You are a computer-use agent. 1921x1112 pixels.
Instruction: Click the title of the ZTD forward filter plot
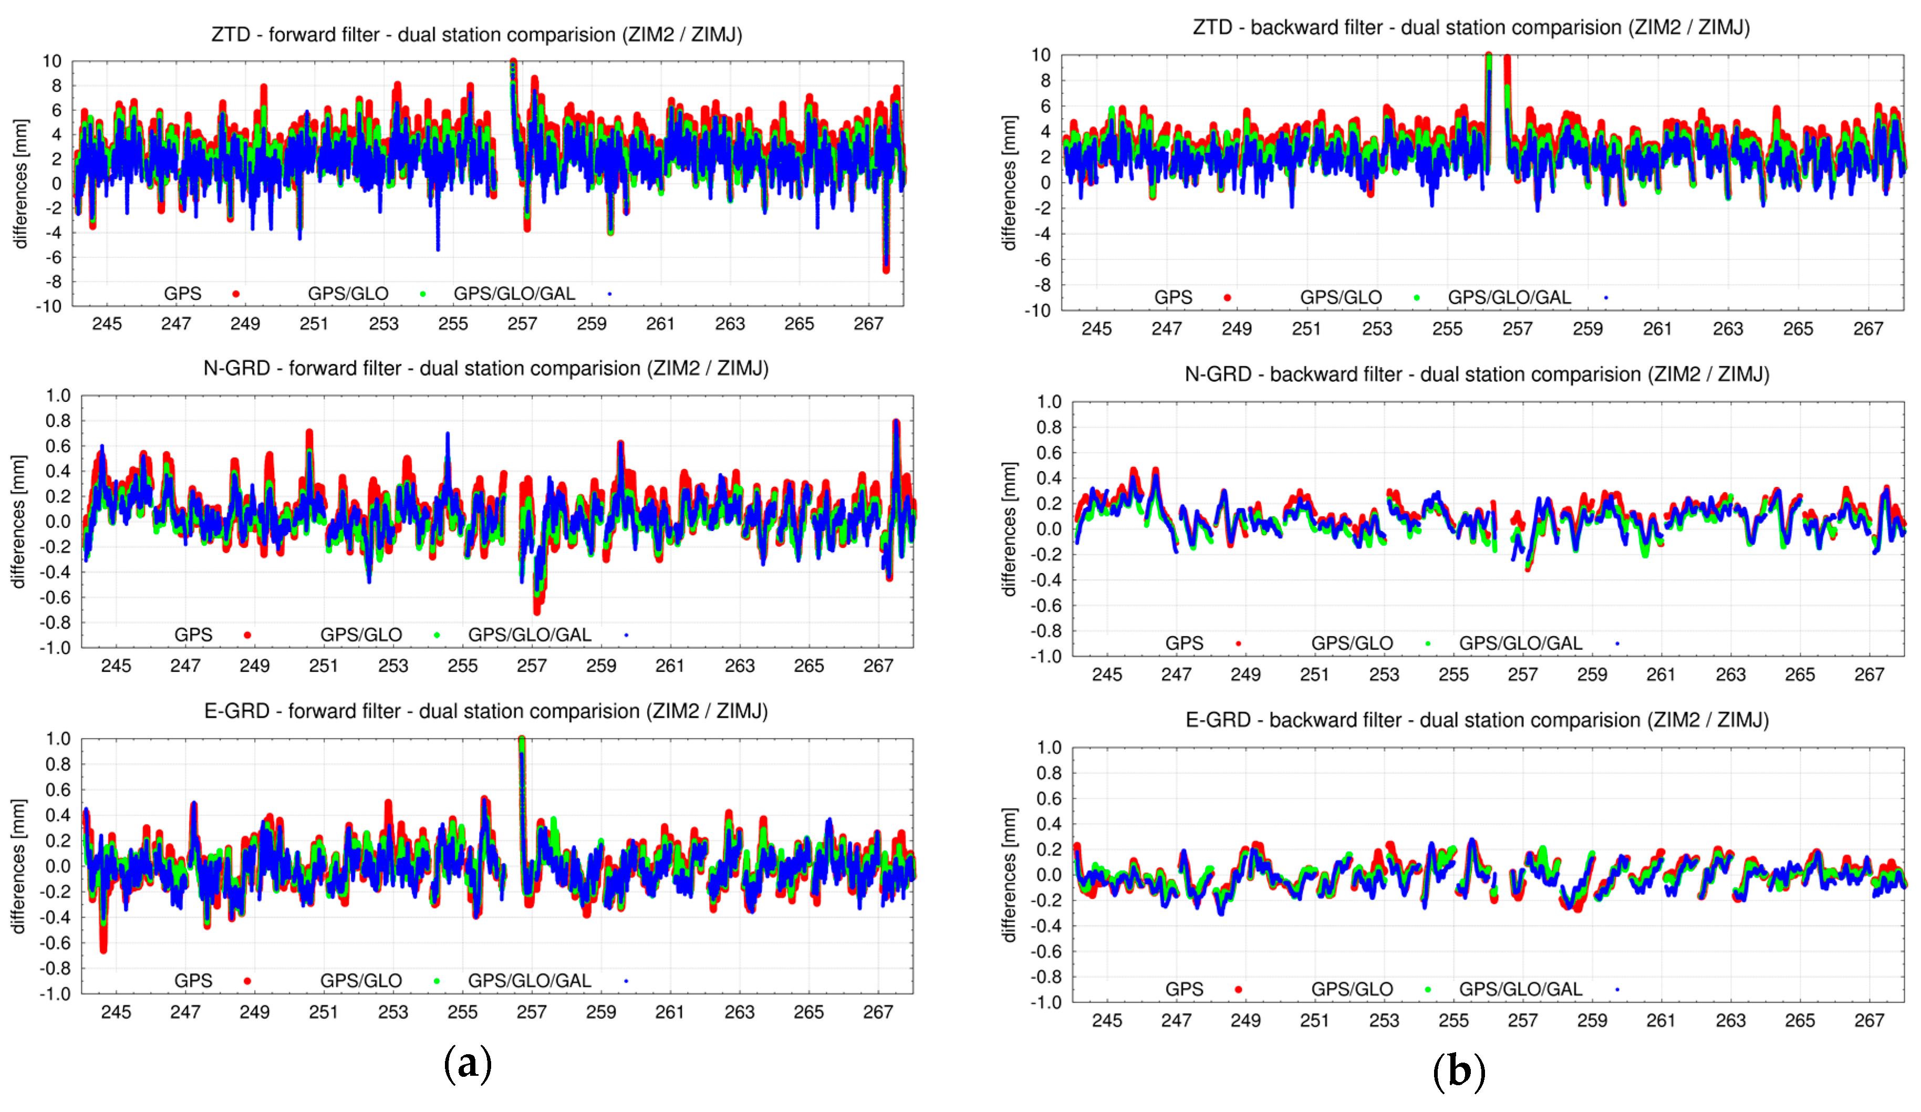pyautogui.click(x=476, y=35)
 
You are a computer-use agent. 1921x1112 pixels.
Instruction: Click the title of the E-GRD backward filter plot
pyautogui.click(x=1477, y=720)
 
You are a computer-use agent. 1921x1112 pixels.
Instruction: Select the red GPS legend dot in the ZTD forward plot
pyautogui.click(x=236, y=294)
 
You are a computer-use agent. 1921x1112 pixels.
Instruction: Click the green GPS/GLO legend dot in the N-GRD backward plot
pyautogui.click(x=1428, y=644)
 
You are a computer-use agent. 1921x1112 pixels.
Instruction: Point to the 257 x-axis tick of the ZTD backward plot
pyautogui.click(x=1517, y=329)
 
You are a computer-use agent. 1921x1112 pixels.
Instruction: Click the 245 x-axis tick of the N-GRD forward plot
pyautogui.click(x=116, y=666)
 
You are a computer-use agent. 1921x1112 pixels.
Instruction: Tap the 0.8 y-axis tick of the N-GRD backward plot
pyautogui.click(x=1049, y=428)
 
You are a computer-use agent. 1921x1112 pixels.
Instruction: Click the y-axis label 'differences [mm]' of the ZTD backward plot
pyautogui.click(x=1009, y=183)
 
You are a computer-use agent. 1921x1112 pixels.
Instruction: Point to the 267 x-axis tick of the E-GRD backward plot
pyautogui.click(x=1869, y=1021)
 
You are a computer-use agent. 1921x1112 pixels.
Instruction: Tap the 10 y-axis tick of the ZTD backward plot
pyautogui.click(x=1041, y=55)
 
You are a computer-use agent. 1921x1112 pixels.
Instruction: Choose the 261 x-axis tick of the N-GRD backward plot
pyautogui.click(x=1661, y=674)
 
